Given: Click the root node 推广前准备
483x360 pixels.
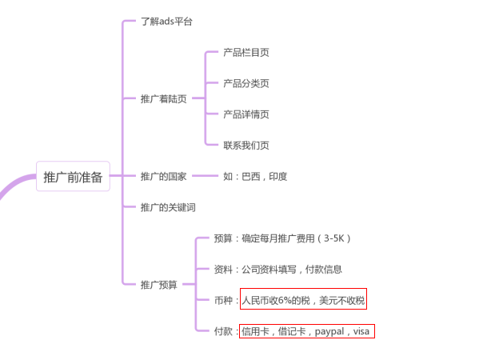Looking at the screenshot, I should coord(73,177).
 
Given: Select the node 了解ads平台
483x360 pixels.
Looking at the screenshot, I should coord(166,22).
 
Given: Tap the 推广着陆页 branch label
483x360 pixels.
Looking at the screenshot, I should coord(163,99).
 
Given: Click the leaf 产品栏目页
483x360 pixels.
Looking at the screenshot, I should coord(246,53).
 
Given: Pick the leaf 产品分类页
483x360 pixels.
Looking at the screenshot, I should coord(246,84).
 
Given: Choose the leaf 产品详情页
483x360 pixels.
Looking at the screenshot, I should coord(246,114).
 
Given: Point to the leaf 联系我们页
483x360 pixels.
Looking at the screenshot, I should coord(246,146).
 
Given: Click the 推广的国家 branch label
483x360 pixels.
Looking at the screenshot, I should coord(163,177).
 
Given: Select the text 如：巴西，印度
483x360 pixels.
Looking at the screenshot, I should coord(255,177).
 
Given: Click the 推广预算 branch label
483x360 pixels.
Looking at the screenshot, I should coord(158,285).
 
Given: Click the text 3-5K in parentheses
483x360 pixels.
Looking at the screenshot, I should coord(333,238).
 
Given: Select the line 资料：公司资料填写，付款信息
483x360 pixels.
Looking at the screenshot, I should coord(277,270).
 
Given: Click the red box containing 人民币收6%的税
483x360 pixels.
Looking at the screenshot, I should coord(303,300).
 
